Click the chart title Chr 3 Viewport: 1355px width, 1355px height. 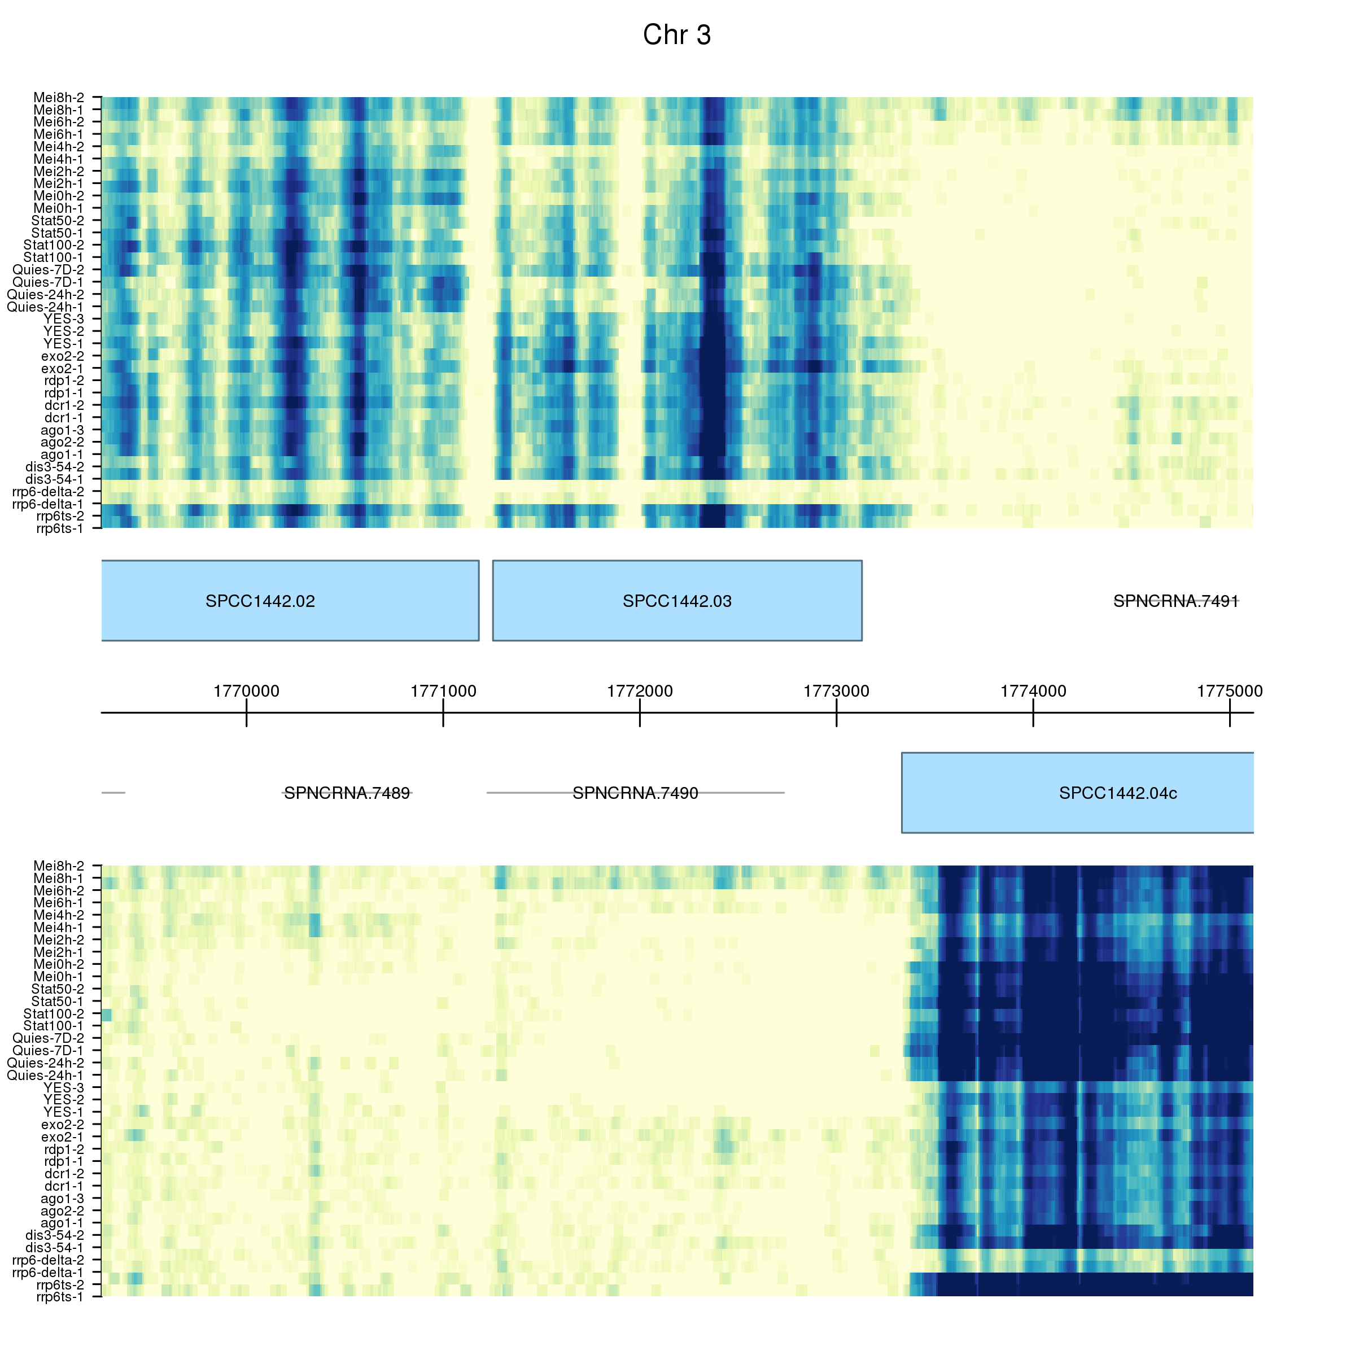[x=677, y=35]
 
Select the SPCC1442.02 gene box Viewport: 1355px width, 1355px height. [x=290, y=600]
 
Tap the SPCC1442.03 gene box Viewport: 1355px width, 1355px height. [x=677, y=600]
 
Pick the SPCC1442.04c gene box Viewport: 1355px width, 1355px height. [x=1077, y=793]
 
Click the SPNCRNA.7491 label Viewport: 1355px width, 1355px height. [x=1176, y=601]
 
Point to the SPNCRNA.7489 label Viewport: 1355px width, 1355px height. [x=347, y=793]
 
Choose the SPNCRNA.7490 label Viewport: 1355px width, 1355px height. [x=635, y=793]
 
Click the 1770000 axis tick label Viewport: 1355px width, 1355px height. [x=246, y=692]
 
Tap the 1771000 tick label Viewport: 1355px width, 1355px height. [x=443, y=692]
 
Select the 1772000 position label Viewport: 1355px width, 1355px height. [x=640, y=692]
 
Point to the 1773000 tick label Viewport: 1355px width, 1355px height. [x=836, y=692]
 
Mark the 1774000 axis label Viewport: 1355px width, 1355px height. [x=1033, y=692]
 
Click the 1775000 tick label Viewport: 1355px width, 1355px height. [x=1230, y=692]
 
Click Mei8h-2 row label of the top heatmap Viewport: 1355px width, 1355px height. [x=59, y=98]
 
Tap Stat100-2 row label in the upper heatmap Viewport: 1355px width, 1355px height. [x=54, y=245]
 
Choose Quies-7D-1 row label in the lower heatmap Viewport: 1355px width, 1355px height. [x=49, y=1050]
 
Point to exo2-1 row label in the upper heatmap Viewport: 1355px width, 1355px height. [x=63, y=368]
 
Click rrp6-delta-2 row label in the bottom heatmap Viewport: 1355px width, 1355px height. [x=49, y=1260]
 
